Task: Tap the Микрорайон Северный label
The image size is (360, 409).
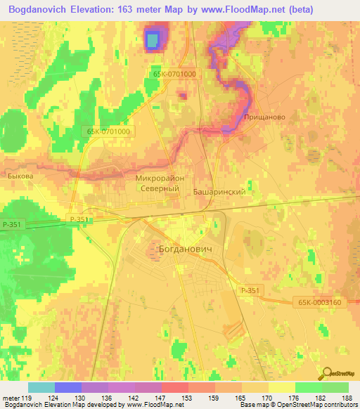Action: pos(160,183)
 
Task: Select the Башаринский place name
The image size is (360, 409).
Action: pos(219,191)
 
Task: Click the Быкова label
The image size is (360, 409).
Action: pos(20,177)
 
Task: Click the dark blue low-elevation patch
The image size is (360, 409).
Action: pos(153,41)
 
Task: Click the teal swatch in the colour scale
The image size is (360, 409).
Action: pos(41,387)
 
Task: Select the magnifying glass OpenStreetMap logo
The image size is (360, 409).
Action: pos(328,374)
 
